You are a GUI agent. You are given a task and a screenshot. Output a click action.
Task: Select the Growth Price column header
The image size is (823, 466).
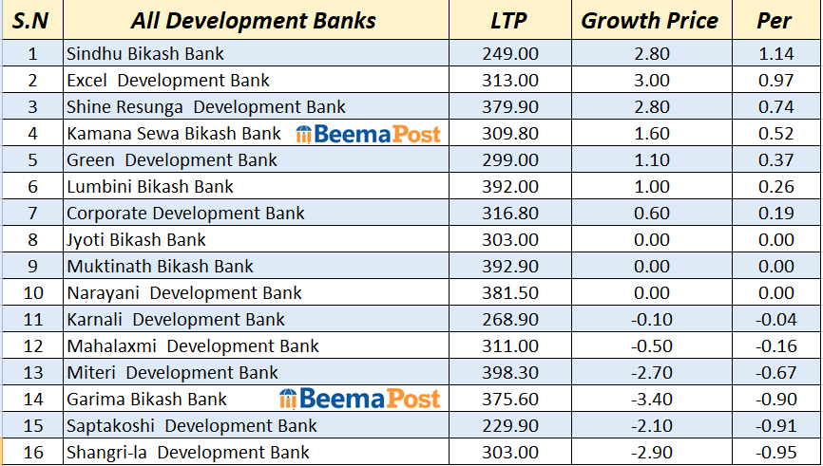(650, 21)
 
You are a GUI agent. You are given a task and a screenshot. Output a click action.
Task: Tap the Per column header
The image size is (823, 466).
(775, 21)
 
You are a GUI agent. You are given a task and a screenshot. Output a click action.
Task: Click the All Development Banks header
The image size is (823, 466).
(254, 21)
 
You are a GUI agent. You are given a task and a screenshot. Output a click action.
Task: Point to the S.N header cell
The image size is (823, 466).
(31, 21)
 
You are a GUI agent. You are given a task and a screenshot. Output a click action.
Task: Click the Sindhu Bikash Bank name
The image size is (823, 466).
(145, 54)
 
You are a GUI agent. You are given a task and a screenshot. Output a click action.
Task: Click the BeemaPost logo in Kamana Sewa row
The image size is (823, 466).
(369, 134)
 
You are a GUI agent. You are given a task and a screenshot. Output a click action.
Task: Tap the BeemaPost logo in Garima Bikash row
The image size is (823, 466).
(360, 399)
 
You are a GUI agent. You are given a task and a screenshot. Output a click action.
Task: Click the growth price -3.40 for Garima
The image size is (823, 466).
(651, 400)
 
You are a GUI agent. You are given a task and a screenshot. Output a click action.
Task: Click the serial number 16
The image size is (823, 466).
(33, 453)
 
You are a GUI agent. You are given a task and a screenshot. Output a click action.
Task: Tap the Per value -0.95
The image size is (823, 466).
(775, 453)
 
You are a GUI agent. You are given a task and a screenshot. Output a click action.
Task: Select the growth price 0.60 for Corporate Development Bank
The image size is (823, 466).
(651, 214)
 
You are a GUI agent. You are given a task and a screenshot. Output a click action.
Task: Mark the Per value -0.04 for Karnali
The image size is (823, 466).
(775, 320)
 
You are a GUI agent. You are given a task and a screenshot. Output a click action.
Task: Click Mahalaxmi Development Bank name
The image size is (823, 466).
(193, 346)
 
